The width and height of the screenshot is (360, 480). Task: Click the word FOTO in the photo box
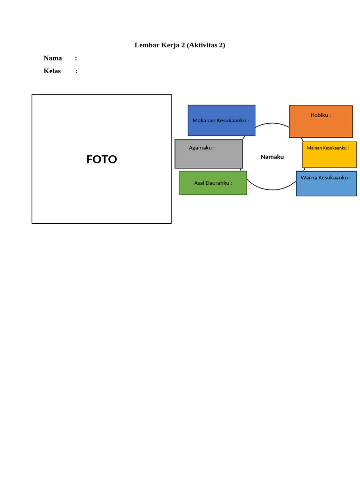[x=102, y=159]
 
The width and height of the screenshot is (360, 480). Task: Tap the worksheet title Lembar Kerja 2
[x=159, y=45]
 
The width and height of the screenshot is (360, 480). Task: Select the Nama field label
[x=52, y=58]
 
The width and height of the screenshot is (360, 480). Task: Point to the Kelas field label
[x=52, y=71]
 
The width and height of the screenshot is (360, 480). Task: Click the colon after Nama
[x=76, y=58]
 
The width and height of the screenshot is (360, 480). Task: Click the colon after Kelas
[x=76, y=71]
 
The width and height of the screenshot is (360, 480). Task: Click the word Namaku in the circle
[x=272, y=157]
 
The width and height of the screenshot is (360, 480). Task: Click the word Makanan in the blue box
[x=204, y=120]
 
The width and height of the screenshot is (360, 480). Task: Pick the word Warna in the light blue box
[x=308, y=178]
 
